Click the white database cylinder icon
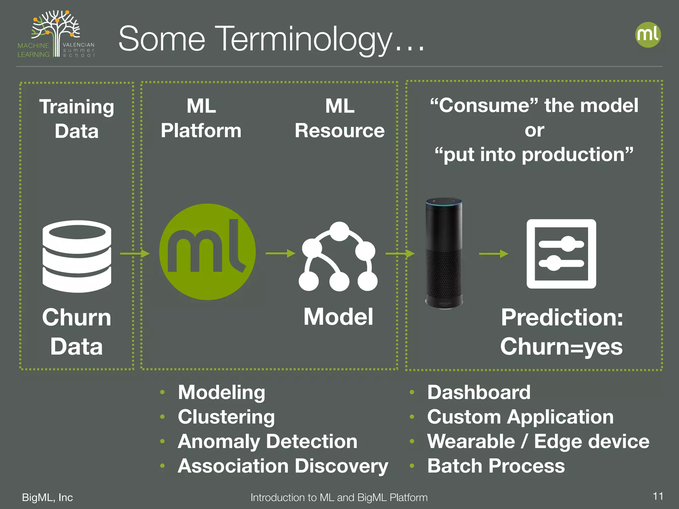77,256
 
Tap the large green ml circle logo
207,252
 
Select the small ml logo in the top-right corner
648,35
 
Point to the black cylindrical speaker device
444,254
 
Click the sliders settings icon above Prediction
561,254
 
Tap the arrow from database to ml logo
135,254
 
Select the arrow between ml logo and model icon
280,254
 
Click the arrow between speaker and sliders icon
493,254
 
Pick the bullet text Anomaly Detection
267,441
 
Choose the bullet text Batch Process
496,466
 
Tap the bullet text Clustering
226,417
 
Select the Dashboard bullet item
478,392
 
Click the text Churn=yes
561,347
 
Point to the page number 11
658,496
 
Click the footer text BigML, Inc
47,497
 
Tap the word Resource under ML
339,131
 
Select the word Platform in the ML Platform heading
201,131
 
